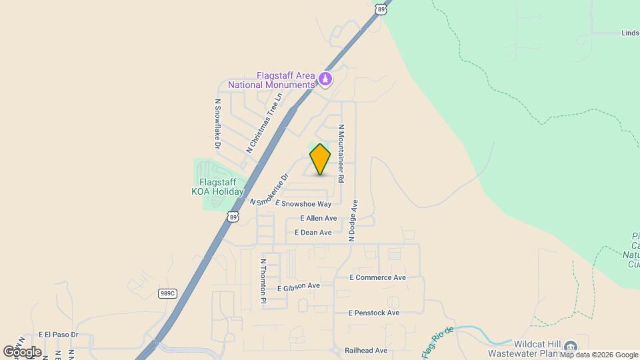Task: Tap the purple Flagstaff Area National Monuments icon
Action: [325, 79]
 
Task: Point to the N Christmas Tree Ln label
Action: [265, 123]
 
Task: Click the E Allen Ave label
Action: [319, 218]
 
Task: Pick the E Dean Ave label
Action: [316, 233]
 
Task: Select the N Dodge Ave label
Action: [355, 219]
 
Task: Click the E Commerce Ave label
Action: [377, 277]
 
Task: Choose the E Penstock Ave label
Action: [373, 313]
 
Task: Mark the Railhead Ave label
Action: [366, 350]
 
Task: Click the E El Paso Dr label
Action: [58, 334]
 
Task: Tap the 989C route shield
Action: [167, 293]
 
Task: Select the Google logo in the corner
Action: [22, 351]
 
